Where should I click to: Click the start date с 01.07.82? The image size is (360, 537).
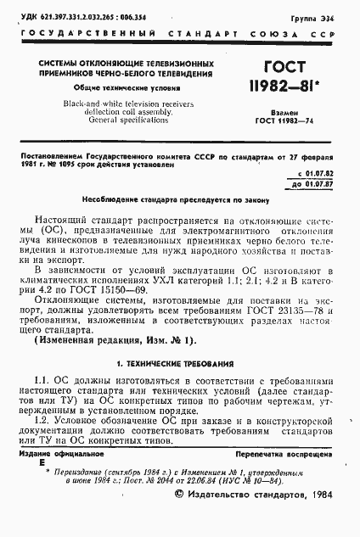pos(309,172)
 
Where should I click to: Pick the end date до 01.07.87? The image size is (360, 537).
pos(309,182)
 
